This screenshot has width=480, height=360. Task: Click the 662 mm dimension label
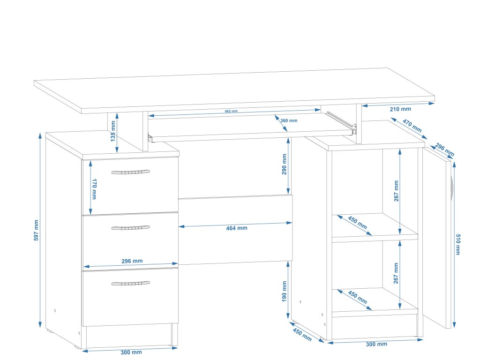(232, 111)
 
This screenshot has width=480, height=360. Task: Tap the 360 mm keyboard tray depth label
(289, 120)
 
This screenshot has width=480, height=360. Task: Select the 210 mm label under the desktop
(400, 109)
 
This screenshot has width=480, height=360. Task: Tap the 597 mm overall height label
(36, 230)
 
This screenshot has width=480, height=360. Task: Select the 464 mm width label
(236, 228)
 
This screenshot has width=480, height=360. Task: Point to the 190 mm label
(284, 292)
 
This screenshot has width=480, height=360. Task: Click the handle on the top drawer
(131, 172)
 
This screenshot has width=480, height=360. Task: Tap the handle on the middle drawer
(131, 228)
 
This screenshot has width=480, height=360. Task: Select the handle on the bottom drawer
(131, 283)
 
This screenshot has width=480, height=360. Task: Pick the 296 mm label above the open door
(445, 150)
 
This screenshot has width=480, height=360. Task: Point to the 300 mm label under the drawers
(131, 352)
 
